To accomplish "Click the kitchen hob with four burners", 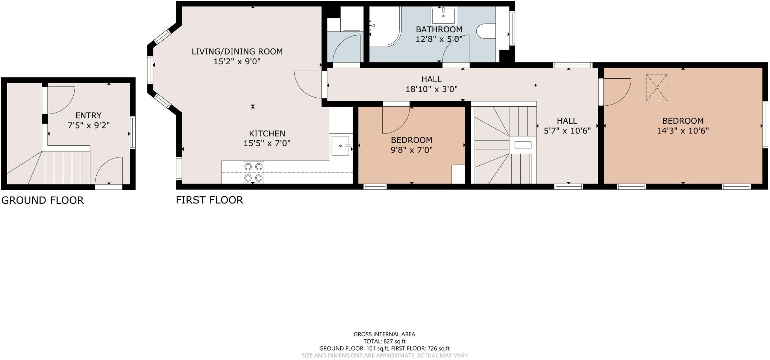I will click(253, 172).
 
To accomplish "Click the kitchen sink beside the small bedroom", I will click(341, 146).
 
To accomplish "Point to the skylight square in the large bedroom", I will click(656, 88).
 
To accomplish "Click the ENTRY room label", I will click(88, 115).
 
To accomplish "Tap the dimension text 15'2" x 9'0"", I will click(237, 61).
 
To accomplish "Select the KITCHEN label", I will click(267, 133).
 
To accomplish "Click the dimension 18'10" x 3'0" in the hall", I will click(431, 89).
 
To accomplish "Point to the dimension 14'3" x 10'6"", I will click(682, 131).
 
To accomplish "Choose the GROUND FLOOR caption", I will click(42, 200).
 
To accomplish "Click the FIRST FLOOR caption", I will click(209, 200).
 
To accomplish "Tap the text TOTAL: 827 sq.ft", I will click(384, 341).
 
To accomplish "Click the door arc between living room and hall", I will click(306, 85).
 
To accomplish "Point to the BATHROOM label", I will click(439, 29).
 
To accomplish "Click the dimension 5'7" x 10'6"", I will click(567, 131).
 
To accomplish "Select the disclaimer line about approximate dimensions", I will click(384, 355).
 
